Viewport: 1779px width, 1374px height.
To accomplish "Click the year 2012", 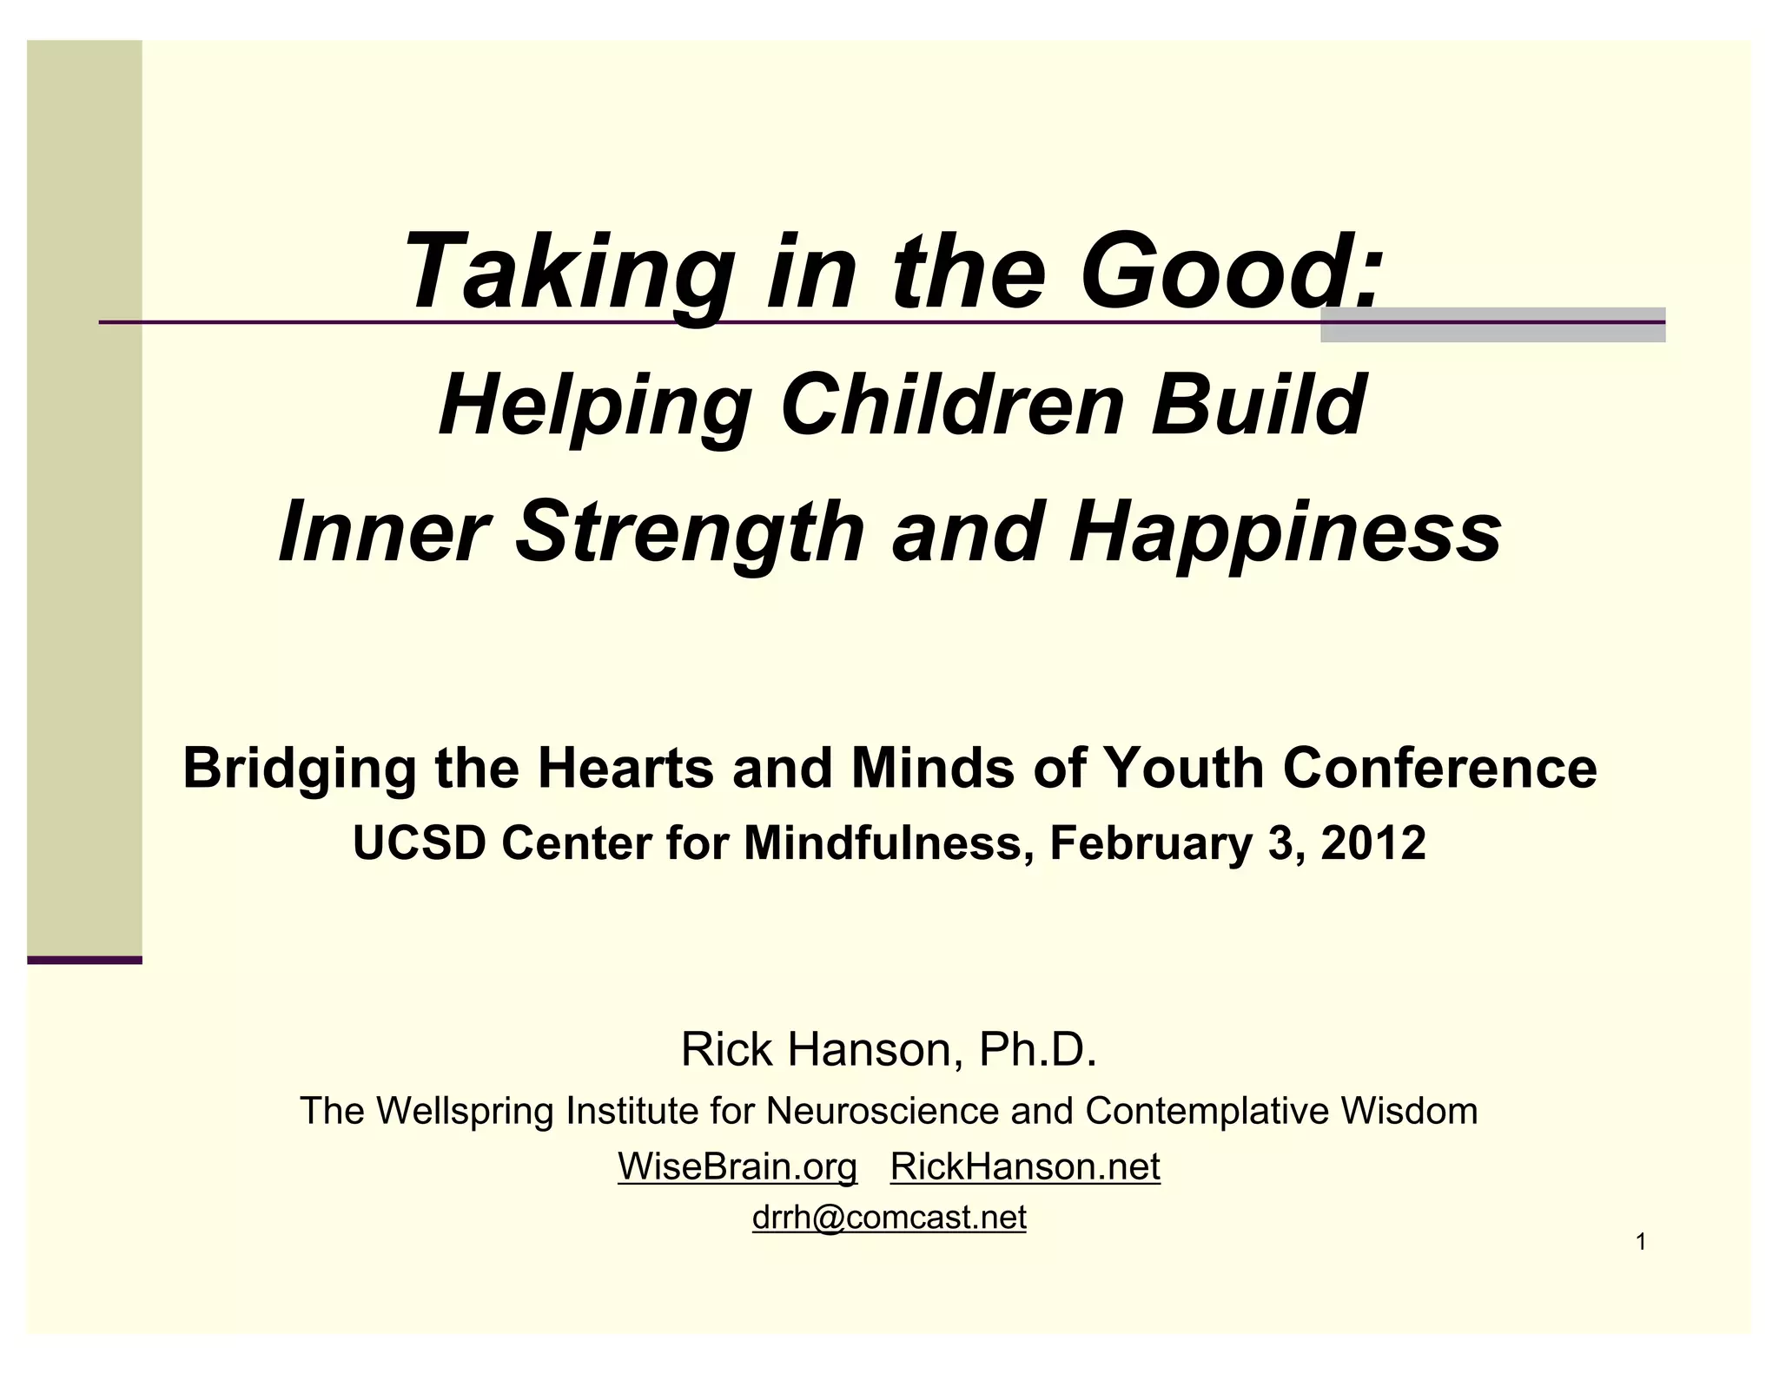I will [1373, 842].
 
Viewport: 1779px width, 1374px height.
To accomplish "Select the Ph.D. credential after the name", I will [1038, 1049].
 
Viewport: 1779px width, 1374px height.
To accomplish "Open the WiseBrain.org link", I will [737, 1166].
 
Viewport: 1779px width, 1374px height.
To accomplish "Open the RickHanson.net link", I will [1025, 1166].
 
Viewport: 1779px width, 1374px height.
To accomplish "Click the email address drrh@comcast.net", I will [889, 1218].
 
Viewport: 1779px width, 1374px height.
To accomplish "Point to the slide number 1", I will [1641, 1243].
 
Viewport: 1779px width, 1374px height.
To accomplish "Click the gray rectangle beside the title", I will [1492, 325].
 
